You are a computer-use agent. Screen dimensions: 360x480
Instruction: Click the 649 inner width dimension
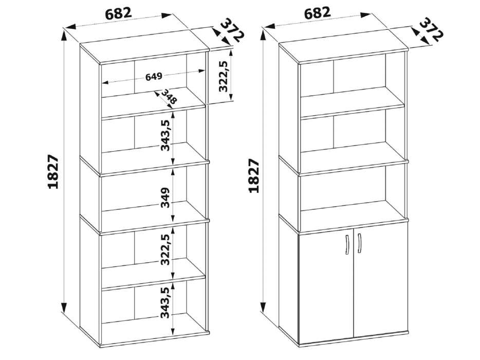(154, 77)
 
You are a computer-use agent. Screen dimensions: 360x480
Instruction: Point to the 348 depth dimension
(169, 97)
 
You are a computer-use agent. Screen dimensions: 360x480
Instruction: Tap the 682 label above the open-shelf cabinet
(119, 14)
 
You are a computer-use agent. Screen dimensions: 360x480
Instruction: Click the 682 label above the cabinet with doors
(317, 14)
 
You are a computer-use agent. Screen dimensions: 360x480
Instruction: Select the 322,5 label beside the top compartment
(224, 76)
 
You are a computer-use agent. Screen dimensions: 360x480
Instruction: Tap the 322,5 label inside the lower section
(165, 249)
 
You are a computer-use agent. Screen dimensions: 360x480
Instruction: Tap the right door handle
(359, 243)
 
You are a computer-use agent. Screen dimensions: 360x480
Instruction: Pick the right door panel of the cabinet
(381, 280)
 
